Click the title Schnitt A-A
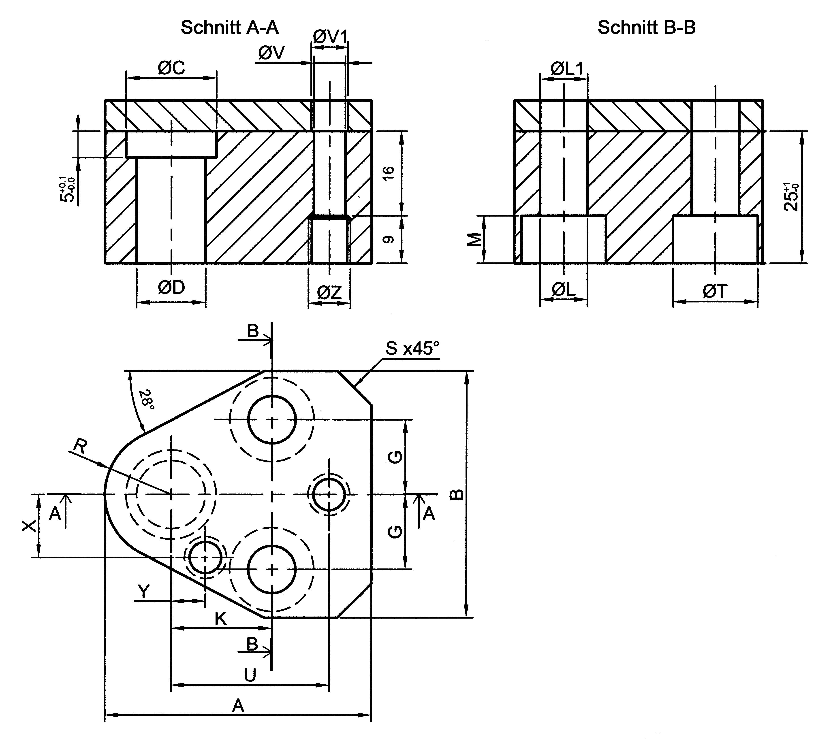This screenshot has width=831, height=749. point(229,28)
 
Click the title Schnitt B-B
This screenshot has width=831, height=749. point(646,28)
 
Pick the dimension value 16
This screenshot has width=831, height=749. point(388,173)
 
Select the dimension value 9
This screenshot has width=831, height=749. point(388,239)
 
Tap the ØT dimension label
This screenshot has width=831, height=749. point(715,291)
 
